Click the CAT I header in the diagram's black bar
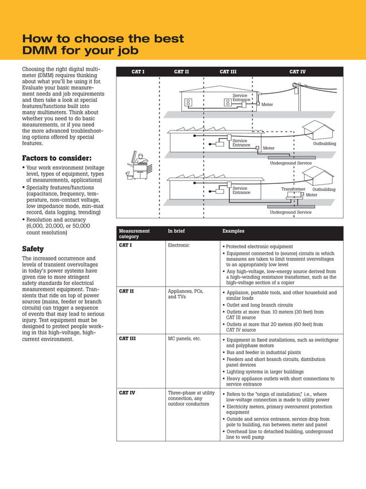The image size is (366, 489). pos(138,72)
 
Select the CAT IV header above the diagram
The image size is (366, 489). pos(297,72)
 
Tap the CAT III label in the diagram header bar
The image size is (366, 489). pos(228,72)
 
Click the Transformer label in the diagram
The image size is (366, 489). pos(293,189)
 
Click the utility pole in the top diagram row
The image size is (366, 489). pos(297,95)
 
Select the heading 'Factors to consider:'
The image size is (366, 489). pos(56,158)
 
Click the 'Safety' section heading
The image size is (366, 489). pos(33,249)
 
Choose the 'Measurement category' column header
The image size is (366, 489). pos(134,233)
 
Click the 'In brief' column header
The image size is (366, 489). pos(176,231)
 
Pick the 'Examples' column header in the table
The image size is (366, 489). pos(233,231)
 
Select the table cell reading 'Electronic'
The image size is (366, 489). pos(178,245)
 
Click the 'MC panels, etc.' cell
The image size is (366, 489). pos(184,338)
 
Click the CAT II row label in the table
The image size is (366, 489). pos(126,291)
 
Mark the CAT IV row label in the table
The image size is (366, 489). pos(127,392)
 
